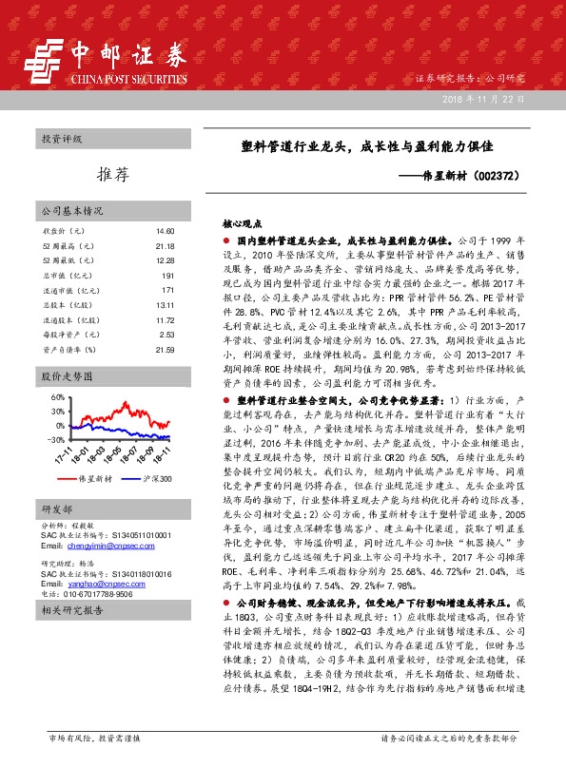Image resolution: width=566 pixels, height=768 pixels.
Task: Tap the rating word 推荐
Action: pyautogui.click(x=112, y=174)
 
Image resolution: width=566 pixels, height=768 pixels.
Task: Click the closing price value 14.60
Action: pyautogui.click(x=166, y=231)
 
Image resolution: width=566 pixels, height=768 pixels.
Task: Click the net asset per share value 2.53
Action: pyautogui.click(x=167, y=335)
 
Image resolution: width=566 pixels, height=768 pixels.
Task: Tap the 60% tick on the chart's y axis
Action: pyautogui.click(x=55, y=396)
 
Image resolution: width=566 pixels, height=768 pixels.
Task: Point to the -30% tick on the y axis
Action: pyautogui.click(x=53, y=440)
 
